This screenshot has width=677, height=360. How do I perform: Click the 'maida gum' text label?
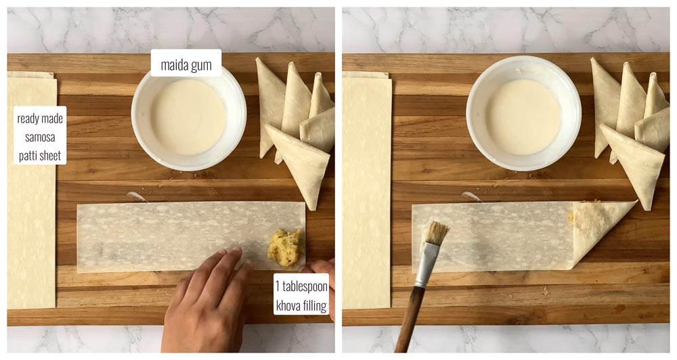(186, 65)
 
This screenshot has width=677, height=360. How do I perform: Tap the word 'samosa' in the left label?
(40, 137)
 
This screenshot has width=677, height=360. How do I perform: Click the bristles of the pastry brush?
(436, 232)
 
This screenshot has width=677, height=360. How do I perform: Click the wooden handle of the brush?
(408, 319)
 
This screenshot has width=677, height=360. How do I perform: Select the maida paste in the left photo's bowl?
(189, 116)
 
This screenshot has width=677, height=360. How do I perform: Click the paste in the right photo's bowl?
(523, 116)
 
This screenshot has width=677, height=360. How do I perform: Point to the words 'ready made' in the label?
(40, 118)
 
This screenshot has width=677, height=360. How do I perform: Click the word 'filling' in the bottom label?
(315, 306)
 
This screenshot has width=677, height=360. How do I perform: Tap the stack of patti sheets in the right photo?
(366, 190)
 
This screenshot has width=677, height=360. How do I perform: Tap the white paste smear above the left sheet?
(137, 197)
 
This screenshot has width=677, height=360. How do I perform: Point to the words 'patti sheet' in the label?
(40, 156)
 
